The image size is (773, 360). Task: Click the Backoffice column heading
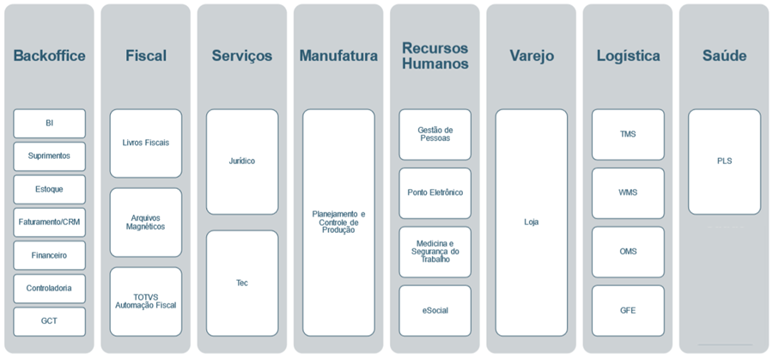pyautogui.click(x=49, y=56)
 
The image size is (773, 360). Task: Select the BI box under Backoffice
pyautogui.click(x=49, y=123)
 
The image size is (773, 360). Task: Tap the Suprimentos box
pyautogui.click(x=49, y=156)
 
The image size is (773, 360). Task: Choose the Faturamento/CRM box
pyautogui.click(x=49, y=222)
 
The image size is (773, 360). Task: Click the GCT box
pyautogui.click(x=49, y=321)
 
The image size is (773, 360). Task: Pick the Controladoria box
pyautogui.click(x=49, y=288)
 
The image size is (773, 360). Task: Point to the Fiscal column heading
pyautogui.click(x=145, y=56)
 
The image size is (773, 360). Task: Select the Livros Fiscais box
pyautogui.click(x=145, y=143)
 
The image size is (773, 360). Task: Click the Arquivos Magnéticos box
pyautogui.click(x=145, y=223)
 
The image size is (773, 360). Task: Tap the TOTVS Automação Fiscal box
pyautogui.click(x=145, y=302)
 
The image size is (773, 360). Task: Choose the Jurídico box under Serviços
pyautogui.click(x=241, y=161)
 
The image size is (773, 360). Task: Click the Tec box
pyautogui.click(x=241, y=283)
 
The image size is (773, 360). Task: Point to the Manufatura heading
pyautogui.click(x=338, y=56)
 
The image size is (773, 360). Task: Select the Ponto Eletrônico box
pyautogui.click(x=435, y=192)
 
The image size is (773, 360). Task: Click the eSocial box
pyautogui.click(x=435, y=310)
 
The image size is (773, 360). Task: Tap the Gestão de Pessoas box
pyautogui.click(x=435, y=134)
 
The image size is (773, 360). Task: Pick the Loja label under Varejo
pyautogui.click(x=531, y=222)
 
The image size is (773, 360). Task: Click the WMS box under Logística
pyautogui.click(x=628, y=192)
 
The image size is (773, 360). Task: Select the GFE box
pyautogui.click(x=628, y=310)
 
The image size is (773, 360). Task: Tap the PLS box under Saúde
pyautogui.click(x=724, y=161)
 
